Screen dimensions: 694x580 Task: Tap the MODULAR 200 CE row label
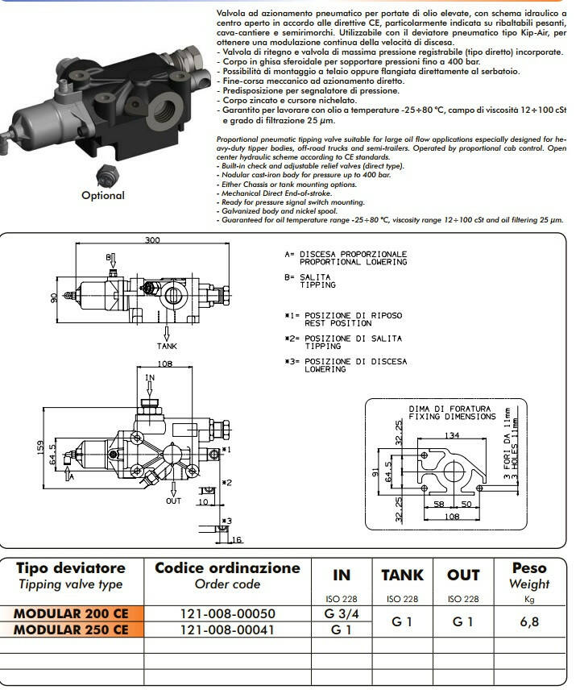point(72,613)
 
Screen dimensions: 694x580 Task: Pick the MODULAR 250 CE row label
point(72,630)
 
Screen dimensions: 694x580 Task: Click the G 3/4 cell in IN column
point(342,613)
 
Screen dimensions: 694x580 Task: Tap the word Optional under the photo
point(103,195)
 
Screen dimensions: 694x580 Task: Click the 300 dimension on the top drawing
point(152,240)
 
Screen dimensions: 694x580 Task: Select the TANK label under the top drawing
point(168,346)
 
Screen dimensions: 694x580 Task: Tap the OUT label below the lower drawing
point(174,501)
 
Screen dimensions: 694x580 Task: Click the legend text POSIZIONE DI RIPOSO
point(350,314)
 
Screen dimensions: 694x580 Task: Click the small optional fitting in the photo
point(102,175)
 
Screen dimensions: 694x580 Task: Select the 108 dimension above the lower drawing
point(164,364)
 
